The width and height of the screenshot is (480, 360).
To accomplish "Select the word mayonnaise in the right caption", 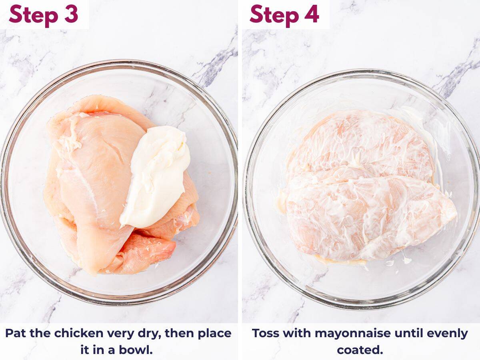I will click(342, 333).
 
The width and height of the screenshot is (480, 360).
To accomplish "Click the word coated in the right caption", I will click(360, 350).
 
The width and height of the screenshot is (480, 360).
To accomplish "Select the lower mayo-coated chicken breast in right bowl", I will click(360, 218).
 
